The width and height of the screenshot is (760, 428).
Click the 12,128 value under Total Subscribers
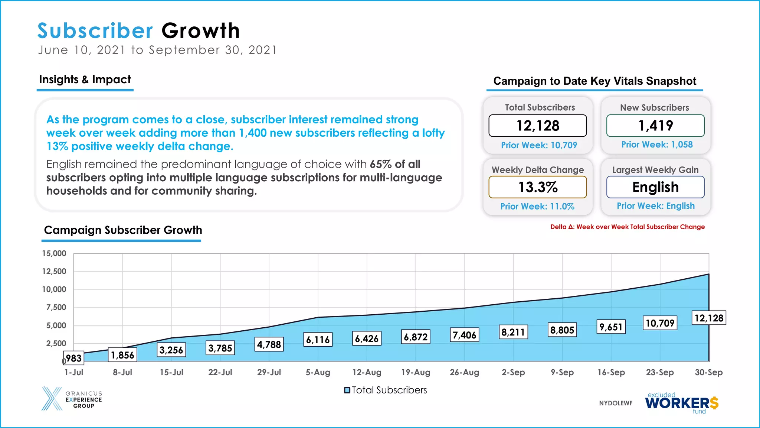click(x=538, y=126)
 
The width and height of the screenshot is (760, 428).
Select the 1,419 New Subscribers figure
click(x=655, y=126)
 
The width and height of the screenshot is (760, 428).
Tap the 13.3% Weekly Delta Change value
click(x=538, y=187)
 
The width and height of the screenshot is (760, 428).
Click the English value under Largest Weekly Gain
click(x=655, y=187)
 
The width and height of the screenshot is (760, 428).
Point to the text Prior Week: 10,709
click(x=539, y=145)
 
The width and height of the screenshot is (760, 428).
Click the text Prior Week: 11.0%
click(x=537, y=206)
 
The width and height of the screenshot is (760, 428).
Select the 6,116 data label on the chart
click(x=318, y=340)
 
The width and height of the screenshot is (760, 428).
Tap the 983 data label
click(x=73, y=358)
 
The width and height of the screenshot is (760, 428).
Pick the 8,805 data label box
click(x=562, y=330)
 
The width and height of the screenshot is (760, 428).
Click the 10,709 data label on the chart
click(x=660, y=323)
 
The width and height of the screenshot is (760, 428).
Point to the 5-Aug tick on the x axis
click(x=318, y=372)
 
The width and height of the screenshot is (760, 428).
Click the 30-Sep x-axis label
click(x=708, y=372)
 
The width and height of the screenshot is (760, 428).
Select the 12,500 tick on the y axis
click(x=54, y=271)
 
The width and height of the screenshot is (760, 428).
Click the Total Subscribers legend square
click(x=347, y=390)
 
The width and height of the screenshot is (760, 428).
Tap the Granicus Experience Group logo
click(x=72, y=399)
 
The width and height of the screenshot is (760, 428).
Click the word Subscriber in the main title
click(x=95, y=30)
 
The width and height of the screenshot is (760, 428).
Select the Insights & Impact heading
click(x=85, y=80)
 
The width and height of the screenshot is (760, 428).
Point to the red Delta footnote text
click(x=627, y=227)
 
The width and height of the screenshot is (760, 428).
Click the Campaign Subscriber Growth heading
click(x=123, y=230)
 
